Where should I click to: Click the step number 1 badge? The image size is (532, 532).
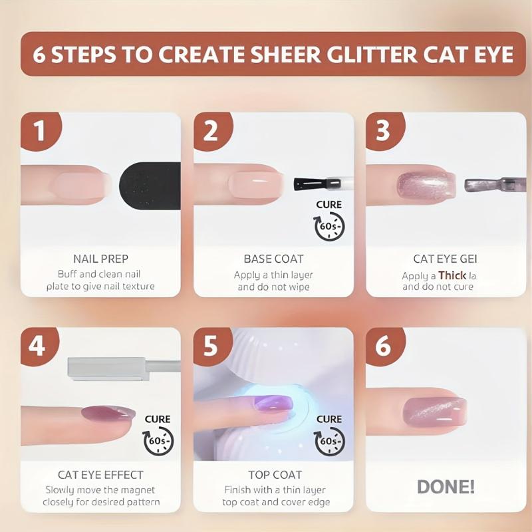click(39, 130)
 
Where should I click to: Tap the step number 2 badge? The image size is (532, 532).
click(210, 130)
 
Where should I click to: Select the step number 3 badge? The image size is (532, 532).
click(382, 130)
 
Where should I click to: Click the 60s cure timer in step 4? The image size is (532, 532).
click(158, 440)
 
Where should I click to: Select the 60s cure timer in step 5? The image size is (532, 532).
click(329, 440)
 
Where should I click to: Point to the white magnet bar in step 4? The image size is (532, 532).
click(106, 368)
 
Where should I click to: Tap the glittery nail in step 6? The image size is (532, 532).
click(434, 411)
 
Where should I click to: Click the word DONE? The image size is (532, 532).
click(446, 487)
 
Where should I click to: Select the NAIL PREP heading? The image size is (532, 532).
click(101, 258)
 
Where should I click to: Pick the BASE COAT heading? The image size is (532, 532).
click(273, 258)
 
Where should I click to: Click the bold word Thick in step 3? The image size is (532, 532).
click(452, 275)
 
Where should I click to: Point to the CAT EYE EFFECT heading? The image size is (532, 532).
click(101, 475)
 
